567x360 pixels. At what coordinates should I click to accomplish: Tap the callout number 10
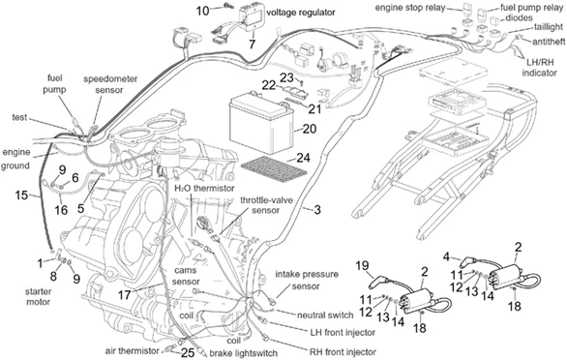202,11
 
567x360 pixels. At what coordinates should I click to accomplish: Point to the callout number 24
304,157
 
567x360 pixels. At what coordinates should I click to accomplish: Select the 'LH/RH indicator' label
541,67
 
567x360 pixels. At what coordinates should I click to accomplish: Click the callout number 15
21,195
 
